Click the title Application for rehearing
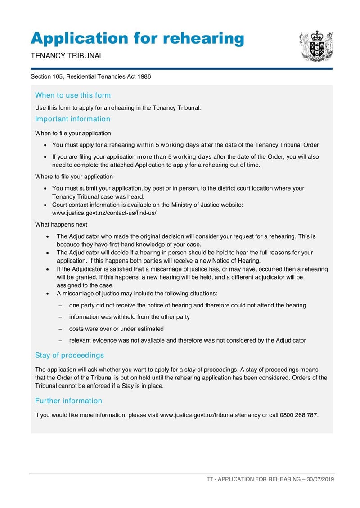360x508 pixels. pyautogui.click(x=137, y=39)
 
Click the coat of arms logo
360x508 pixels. pyautogui.click(x=316, y=46)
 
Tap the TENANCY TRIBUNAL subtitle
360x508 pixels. pyautogui.click(x=67, y=56)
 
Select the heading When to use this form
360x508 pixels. pyautogui.click(x=73, y=95)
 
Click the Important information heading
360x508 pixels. pyautogui.click(x=72, y=119)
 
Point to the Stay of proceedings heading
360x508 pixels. pyautogui.click(x=69, y=356)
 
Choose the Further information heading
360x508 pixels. pyautogui.click(x=68, y=401)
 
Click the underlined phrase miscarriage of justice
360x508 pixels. pyautogui.click(x=179, y=269)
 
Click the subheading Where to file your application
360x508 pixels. pyautogui.click(x=74, y=177)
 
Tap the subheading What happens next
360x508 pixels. pyautogui.click(x=61, y=225)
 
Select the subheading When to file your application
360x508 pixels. pyautogui.click(x=73, y=134)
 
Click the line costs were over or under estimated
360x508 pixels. pyautogui.click(x=116, y=329)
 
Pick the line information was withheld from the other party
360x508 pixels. pyautogui.click(x=129, y=317)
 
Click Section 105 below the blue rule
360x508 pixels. pyautogui.click(x=46, y=77)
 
